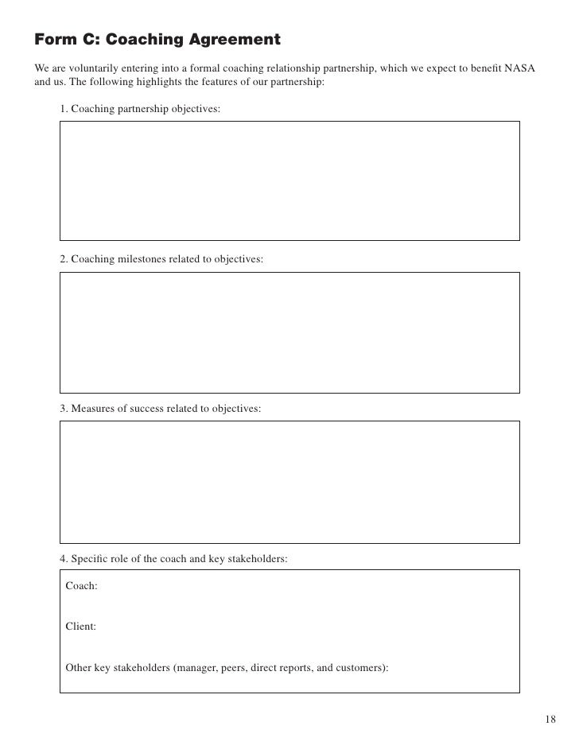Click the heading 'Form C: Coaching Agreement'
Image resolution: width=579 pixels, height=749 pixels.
tap(157, 39)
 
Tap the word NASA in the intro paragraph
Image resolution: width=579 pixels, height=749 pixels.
tap(521, 68)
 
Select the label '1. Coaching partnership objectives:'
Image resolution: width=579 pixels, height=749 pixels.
tap(140, 108)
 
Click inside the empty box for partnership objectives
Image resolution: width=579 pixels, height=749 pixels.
tap(289, 180)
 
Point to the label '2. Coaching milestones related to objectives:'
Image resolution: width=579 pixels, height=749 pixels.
tap(161, 259)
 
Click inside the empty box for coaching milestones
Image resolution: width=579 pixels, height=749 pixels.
tap(289, 332)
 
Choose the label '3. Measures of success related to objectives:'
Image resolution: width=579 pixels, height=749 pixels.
tap(160, 408)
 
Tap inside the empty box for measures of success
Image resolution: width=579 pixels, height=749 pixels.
tap(289, 481)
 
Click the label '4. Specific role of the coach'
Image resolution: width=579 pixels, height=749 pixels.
tap(173, 558)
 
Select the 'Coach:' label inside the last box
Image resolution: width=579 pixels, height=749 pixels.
tap(81, 585)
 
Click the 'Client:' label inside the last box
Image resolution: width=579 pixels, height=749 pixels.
tap(81, 626)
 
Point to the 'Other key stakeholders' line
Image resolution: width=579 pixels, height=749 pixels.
tap(227, 667)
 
